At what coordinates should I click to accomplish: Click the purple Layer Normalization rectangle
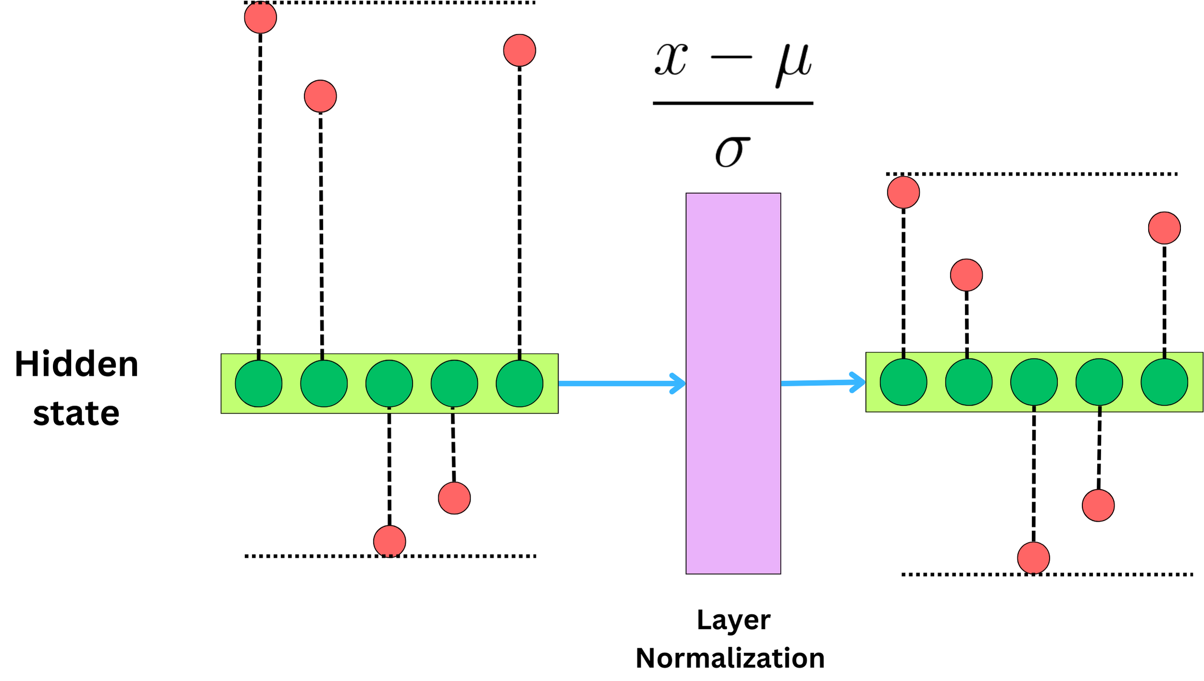pyautogui.click(x=733, y=383)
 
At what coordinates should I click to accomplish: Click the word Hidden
pyautogui.click(x=76, y=364)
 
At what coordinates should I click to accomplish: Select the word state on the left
pyautogui.click(x=76, y=413)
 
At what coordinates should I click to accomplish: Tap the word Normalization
pyautogui.click(x=730, y=658)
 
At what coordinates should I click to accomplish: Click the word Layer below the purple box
pyautogui.click(x=733, y=620)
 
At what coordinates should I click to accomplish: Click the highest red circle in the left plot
pyautogui.click(x=260, y=17)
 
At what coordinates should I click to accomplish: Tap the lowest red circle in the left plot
pyautogui.click(x=389, y=541)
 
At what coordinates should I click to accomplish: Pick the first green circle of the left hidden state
pyautogui.click(x=258, y=384)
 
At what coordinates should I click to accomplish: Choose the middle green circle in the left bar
pyautogui.click(x=389, y=384)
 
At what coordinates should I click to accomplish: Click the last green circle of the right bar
pyautogui.click(x=1164, y=382)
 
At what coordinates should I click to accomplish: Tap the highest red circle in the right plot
pyautogui.click(x=903, y=192)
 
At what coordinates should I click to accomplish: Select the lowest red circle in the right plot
pyautogui.click(x=1033, y=558)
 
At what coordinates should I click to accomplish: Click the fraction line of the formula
pyautogui.click(x=732, y=103)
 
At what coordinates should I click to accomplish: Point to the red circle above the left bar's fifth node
pyautogui.click(x=519, y=50)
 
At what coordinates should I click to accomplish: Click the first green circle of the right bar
pyautogui.click(x=903, y=382)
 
